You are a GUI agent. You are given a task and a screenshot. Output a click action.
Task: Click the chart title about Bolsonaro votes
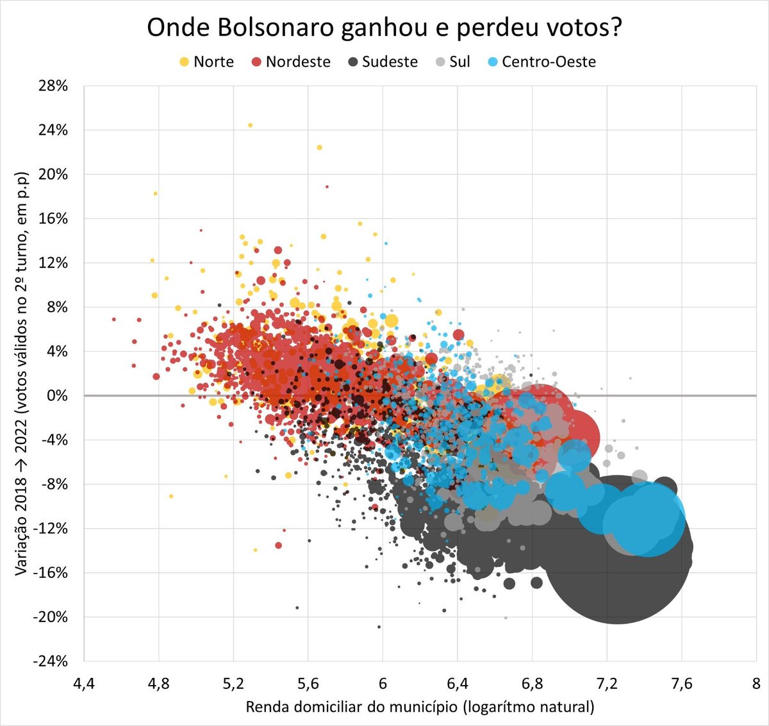pyautogui.click(x=384, y=28)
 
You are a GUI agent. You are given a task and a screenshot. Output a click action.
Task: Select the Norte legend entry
pyautogui.click(x=206, y=62)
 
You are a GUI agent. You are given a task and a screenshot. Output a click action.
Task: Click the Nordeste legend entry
pyautogui.click(x=291, y=62)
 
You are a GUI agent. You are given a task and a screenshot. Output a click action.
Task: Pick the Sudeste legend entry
pyautogui.click(x=383, y=62)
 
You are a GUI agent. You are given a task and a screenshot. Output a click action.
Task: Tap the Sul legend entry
pyautogui.click(x=452, y=62)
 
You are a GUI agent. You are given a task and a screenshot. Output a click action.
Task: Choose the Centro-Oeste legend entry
pyautogui.click(x=542, y=62)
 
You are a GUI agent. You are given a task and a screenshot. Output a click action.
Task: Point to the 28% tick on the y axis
pyautogui.click(x=53, y=86)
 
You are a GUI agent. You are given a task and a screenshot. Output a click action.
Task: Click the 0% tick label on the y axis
pyautogui.click(x=58, y=396)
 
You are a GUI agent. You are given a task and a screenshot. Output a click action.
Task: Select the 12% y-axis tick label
pyautogui.click(x=53, y=263)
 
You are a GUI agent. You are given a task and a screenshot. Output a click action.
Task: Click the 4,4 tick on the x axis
pyautogui.click(x=84, y=683)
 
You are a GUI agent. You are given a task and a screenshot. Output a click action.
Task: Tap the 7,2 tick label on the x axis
pyautogui.click(x=607, y=683)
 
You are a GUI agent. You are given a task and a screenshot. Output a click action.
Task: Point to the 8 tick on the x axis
pyautogui.click(x=756, y=683)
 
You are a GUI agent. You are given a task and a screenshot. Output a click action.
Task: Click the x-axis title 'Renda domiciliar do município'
pyautogui.click(x=420, y=707)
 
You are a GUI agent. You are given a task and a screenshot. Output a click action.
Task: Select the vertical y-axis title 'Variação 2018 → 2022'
pyautogui.click(x=22, y=374)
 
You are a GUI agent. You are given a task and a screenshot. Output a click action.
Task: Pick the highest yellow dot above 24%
pyautogui.click(x=250, y=126)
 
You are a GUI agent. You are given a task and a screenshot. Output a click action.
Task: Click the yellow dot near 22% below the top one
pyautogui.click(x=319, y=147)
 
